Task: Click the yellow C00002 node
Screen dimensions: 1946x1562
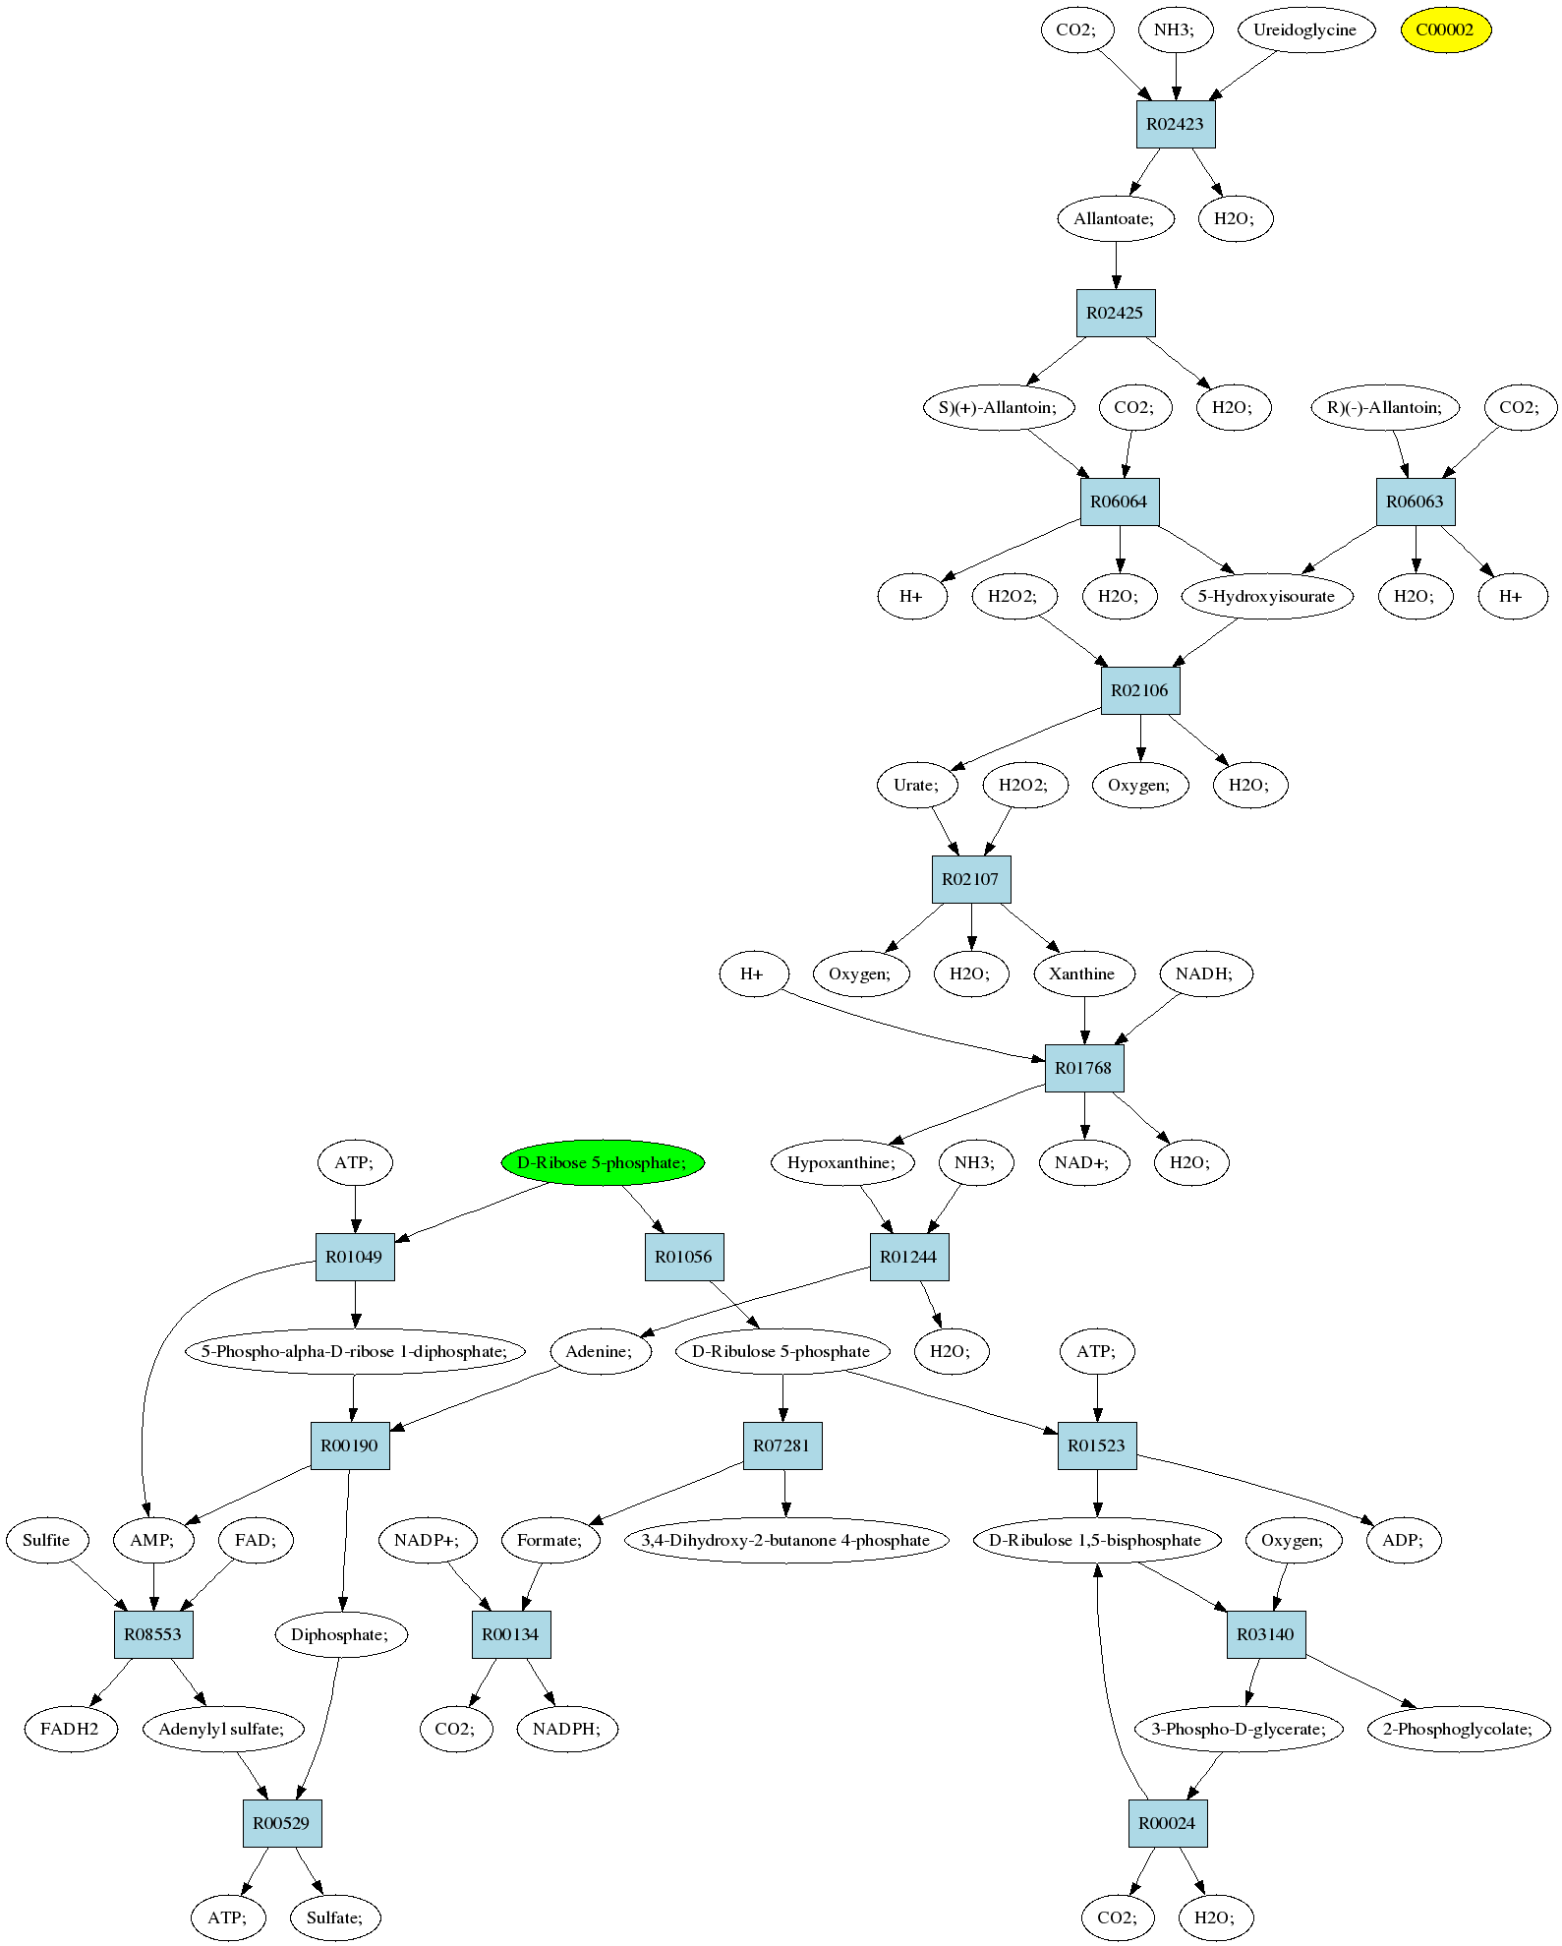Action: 1445,29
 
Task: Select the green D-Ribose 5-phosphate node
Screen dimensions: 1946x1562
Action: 603,1162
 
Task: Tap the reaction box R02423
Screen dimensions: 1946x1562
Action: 1176,124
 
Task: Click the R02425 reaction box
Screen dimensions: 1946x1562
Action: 1115,313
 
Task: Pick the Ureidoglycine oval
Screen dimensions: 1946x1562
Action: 1304,29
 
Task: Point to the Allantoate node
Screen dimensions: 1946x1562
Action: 1115,218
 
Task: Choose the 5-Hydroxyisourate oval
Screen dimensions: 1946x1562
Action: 1266,596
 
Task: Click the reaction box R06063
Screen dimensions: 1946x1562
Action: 1415,501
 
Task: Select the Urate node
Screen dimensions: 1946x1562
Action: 916,785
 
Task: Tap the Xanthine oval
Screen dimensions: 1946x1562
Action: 1082,973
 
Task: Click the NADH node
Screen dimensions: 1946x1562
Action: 1204,973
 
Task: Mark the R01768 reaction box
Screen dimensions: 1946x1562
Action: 1083,1068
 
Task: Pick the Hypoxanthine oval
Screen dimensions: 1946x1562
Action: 841,1162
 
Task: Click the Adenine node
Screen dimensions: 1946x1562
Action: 600,1351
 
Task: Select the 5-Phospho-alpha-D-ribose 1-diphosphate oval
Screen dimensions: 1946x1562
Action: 354,1351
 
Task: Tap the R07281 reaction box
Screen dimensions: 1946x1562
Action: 781,1445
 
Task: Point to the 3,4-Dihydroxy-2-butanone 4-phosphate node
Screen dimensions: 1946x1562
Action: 785,1540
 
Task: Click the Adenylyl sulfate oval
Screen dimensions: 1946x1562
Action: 221,1729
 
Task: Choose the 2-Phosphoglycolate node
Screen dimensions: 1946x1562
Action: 1458,1729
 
